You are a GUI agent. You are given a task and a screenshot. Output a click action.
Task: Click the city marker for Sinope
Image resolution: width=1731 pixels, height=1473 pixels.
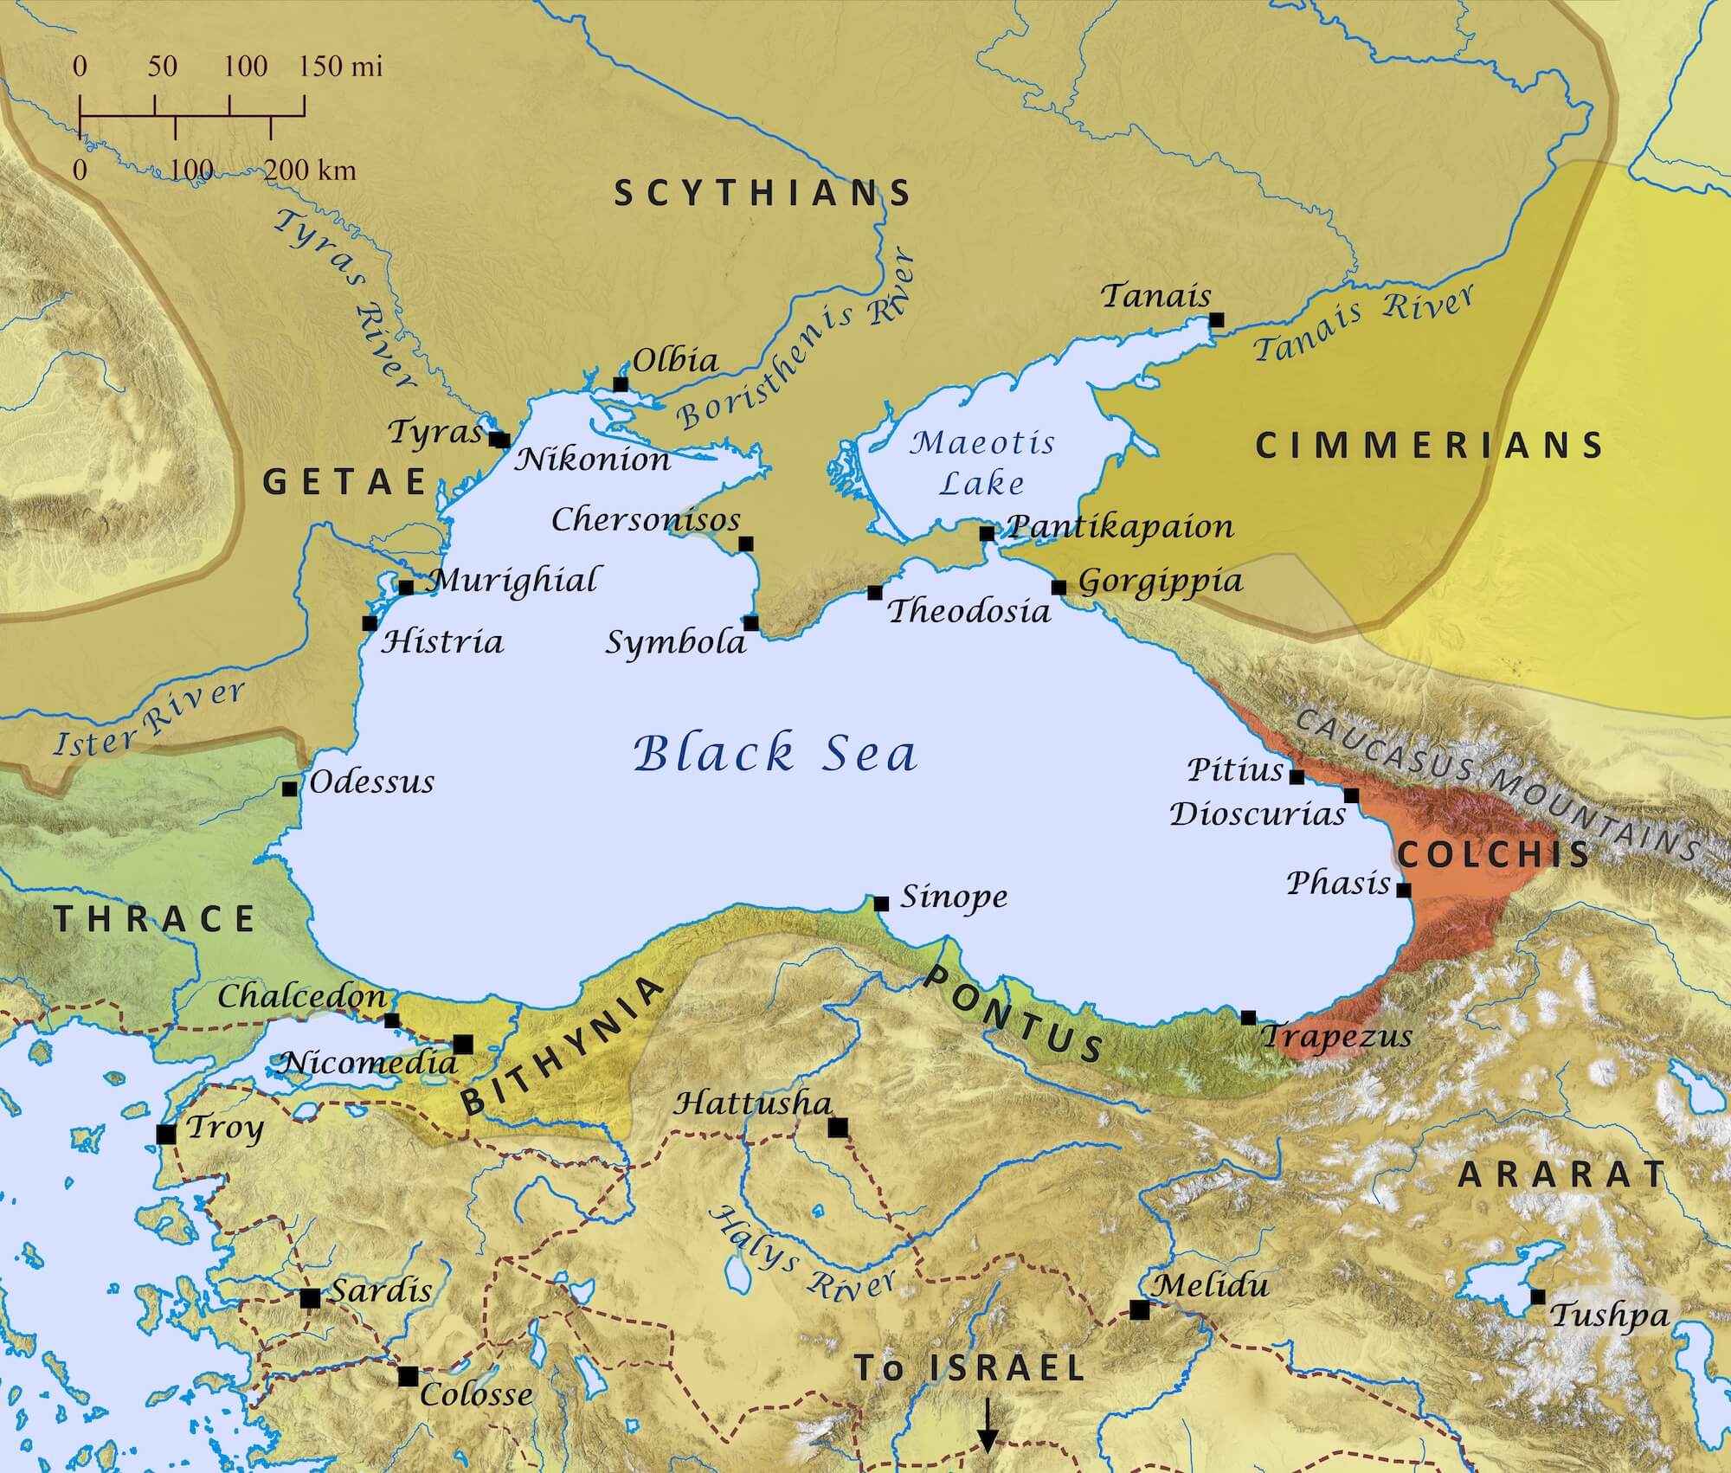(881, 904)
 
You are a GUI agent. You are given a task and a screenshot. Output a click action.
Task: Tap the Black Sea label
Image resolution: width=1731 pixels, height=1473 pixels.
(775, 753)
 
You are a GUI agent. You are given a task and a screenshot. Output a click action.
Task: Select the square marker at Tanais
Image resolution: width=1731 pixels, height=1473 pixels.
(1216, 319)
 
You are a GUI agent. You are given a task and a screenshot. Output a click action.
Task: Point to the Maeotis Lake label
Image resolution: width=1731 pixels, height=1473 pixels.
(982, 462)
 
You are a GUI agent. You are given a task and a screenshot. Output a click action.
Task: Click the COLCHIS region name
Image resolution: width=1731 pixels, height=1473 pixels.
(1494, 854)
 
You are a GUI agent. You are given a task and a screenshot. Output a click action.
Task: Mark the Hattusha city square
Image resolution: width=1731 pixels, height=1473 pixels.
(837, 1128)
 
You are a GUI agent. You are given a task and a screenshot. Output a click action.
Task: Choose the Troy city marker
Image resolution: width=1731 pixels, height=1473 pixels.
(167, 1134)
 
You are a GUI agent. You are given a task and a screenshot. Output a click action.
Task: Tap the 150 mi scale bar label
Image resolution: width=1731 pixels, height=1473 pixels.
(342, 68)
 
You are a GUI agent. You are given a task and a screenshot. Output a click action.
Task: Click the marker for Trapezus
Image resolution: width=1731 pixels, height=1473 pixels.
(1248, 1018)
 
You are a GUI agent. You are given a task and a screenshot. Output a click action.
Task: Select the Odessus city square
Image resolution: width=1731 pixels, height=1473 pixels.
(290, 788)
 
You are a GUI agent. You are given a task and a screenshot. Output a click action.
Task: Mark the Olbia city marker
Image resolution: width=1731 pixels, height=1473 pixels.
(621, 383)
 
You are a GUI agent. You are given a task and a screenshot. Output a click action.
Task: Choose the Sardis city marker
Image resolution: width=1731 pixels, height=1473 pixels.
(310, 1298)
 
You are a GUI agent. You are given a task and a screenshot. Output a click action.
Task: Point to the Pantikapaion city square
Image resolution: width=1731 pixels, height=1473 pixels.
(987, 533)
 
